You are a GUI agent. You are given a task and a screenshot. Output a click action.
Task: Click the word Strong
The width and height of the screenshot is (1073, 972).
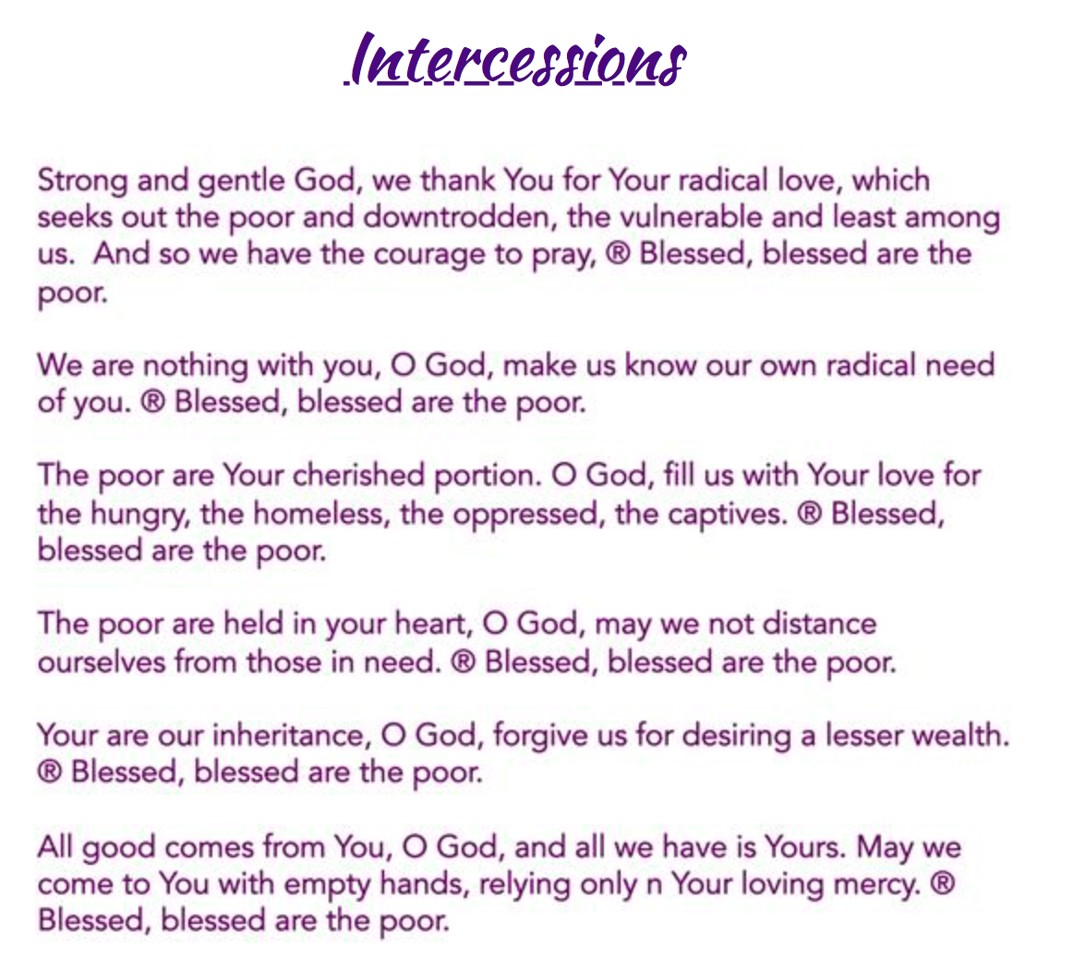pyautogui.click(x=83, y=181)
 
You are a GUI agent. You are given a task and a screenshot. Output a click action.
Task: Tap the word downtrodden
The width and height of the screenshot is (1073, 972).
pyautogui.click(x=456, y=217)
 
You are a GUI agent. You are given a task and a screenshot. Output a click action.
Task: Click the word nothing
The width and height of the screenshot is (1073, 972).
pyautogui.click(x=195, y=366)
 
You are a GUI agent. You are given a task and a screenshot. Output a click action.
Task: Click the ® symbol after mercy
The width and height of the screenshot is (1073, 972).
pyautogui.click(x=943, y=883)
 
